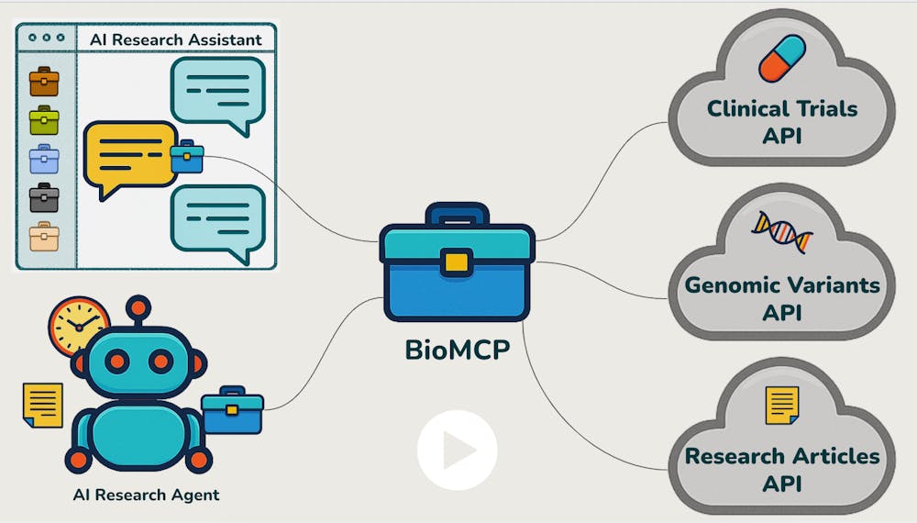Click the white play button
pos(457,451)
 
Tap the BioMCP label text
pos(457,351)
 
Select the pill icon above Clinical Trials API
pos(781,59)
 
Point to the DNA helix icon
pos(782,232)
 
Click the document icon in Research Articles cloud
pos(782,405)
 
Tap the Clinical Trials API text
pos(782,121)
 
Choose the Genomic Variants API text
pos(782,297)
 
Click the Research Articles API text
pos(782,468)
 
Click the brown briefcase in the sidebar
pos(44,83)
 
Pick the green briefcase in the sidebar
pos(44,120)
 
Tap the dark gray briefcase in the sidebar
pos(44,196)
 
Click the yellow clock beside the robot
pos(79,326)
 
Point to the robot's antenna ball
pos(138,306)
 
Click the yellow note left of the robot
pos(42,405)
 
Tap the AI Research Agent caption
pos(147,495)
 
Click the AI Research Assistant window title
pos(175,39)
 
